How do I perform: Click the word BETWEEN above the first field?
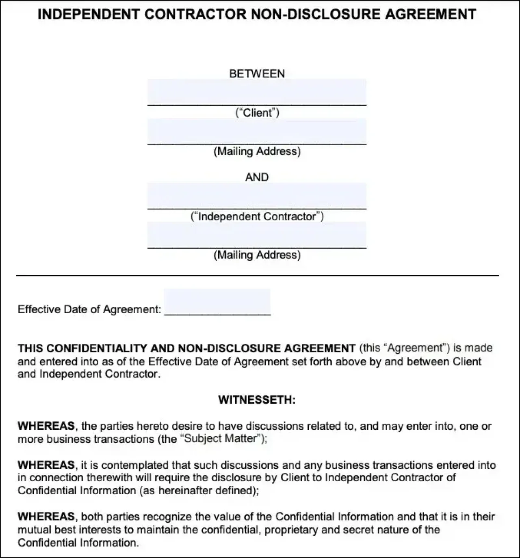[257, 73]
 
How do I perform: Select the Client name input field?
[257, 92]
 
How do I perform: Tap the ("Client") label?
[257, 112]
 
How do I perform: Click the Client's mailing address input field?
[257, 131]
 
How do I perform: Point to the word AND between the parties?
[257, 177]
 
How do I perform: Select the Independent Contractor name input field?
[257, 196]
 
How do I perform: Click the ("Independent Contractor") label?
[257, 216]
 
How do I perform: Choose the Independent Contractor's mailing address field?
[257, 235]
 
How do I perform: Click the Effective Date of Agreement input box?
[217, 302]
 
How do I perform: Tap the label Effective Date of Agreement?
[89, 310]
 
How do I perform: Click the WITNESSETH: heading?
[257, 400]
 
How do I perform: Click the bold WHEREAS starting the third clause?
[46, 517]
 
